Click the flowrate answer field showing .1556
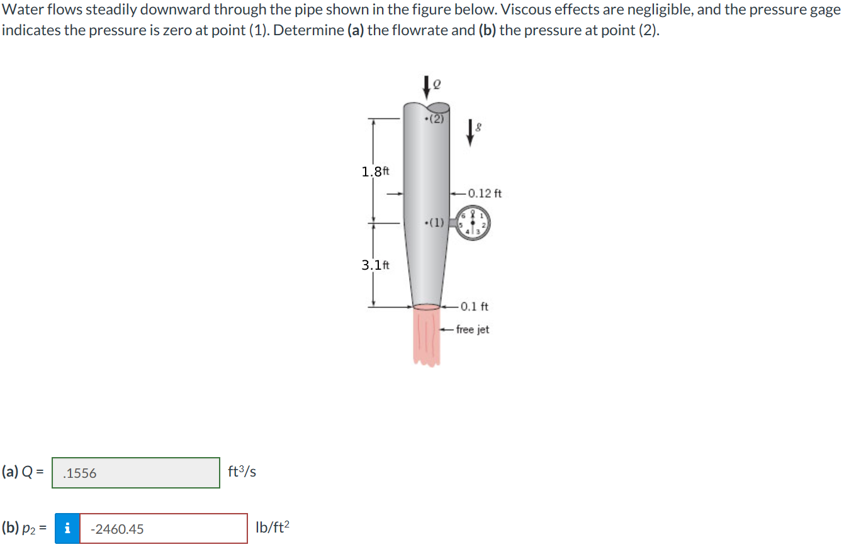pos(136,473)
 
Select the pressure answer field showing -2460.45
pos(163,529)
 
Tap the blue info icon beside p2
pos(67,529)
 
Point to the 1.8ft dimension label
pos(376,171)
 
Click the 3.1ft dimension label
pos(376,265)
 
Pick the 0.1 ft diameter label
pos(474,307)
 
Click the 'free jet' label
pos(473,329)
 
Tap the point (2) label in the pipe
pos(436,119)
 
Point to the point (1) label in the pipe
pos(435,222)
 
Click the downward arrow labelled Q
pos(427,87)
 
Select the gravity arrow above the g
pos(468,133)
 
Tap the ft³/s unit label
pos(242,472)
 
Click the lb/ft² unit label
pos(273,528)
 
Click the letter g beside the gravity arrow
pos(480,127)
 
